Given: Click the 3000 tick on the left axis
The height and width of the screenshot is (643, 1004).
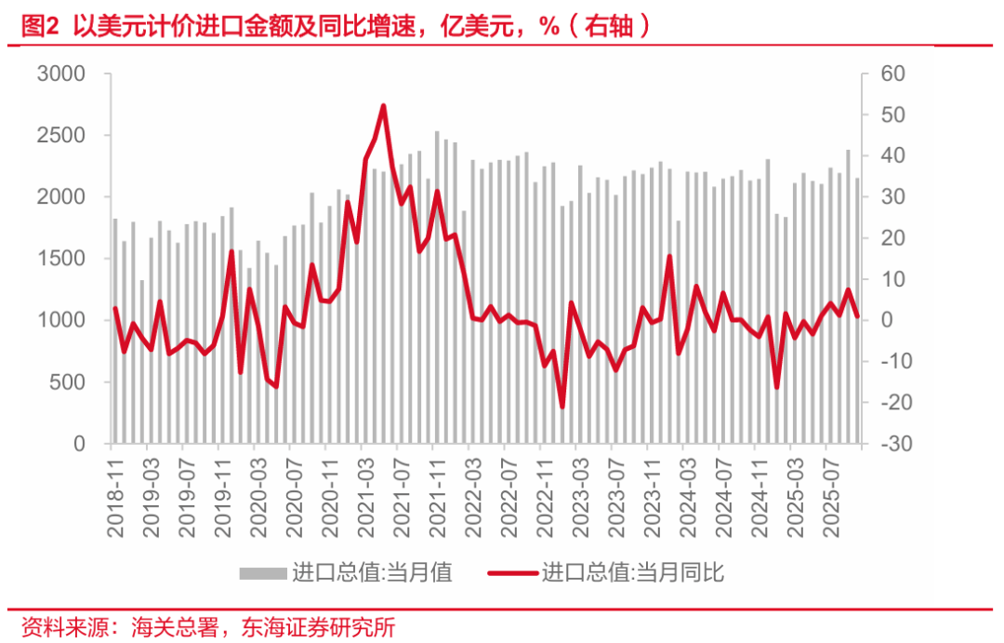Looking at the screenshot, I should (x=60, y=74).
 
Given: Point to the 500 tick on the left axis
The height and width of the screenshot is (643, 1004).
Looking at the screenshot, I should (x=67, y=382).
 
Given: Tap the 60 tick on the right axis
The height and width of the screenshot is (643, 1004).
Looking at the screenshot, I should (x=880, y=74).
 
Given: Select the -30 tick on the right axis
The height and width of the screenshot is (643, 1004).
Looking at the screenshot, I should (x=883, y=445).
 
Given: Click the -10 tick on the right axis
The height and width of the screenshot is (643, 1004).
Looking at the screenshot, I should (x=883, y=362).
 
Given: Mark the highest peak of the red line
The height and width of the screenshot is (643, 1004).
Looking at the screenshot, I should (x=383, y=106).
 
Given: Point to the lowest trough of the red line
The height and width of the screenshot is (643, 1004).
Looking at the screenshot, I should (x=562, y=407).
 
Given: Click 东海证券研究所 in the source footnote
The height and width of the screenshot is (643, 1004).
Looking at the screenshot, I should (x=318, y=627).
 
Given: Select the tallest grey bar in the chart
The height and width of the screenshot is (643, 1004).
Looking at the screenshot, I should (x=437, y=288).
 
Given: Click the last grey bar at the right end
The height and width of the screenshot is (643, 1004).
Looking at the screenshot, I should (x=857, y=311).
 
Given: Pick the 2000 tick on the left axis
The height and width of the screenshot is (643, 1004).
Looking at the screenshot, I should (x=60, y=197).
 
